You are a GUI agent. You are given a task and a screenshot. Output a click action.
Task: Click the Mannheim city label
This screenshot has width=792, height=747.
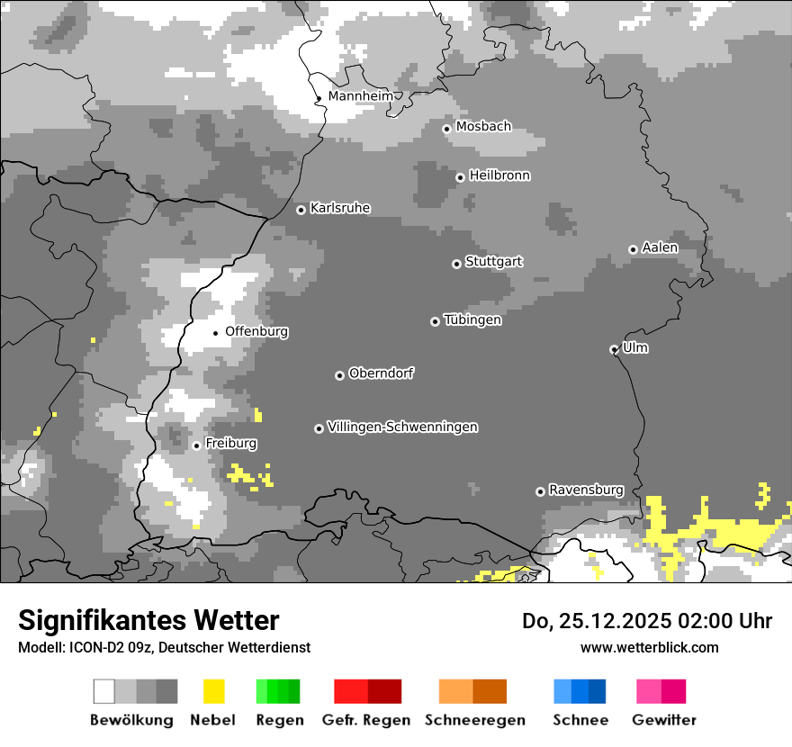pyautogui.click(x=360, y=96)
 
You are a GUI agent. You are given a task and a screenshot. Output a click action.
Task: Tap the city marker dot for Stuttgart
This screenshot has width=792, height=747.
pyautogui.click(x=456, y=264)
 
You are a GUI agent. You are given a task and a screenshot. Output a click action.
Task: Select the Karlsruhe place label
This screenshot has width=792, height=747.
pyautogui.click(x=340, y=208)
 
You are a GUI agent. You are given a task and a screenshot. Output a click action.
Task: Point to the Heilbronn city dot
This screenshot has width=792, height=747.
pyautogui.click(x=460, y=177)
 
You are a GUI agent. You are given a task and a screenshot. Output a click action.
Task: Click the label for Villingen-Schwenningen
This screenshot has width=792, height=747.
pyautogui.click(x=402, y=427)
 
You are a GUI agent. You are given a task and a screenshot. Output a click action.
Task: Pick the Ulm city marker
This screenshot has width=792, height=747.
pyautogui.click(x=614, y=349)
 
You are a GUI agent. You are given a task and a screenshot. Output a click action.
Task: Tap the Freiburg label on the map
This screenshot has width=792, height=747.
pyautogui.click(x=230, y=444)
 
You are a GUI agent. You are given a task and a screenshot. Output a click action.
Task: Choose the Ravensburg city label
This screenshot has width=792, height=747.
pyautogui.click(x=586, y=490)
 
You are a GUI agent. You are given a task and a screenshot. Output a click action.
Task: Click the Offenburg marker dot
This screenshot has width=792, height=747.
pyautogui.click(x=215, y=333)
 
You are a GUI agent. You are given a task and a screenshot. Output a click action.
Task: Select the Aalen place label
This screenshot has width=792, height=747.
pyautogui.click(x=660, y=247)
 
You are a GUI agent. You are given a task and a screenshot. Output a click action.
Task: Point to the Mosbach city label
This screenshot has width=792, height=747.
pyautogui.click(x=483, y=127)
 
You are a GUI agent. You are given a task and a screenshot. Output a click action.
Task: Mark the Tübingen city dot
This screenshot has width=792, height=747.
pyautogui.click(x=435, y=321)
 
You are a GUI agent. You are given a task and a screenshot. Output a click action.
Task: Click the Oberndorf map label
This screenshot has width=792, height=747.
pyautogui.click(x=382, y=373)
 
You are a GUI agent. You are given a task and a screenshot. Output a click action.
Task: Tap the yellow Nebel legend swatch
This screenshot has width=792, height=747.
pyautogui.click(x=213, y=691)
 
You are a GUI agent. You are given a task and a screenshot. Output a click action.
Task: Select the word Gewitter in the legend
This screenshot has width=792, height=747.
pyautogui.click(x=663, y=720)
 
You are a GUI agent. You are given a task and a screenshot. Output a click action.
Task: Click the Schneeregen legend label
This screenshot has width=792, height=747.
pyautogui.click(x=474, y=720)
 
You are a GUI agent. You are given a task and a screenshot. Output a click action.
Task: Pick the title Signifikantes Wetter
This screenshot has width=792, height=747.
pyautogui.click(x=148, y=620)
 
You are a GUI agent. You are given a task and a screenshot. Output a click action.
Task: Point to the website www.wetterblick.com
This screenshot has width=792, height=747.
pyautogui.click(x=649, y=647)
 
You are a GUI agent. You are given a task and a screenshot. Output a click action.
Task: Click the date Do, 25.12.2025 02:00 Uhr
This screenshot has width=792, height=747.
pyautogui.click(x=647, y=621)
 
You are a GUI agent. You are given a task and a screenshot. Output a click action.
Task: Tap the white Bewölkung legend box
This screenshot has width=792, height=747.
pyautogui.click(x=104, y=691)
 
